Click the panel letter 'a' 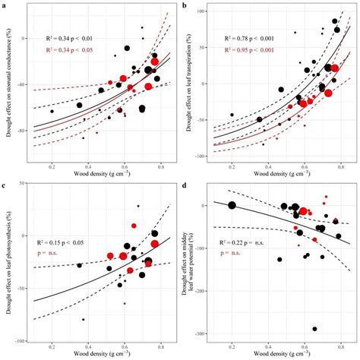tap(4, 5)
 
